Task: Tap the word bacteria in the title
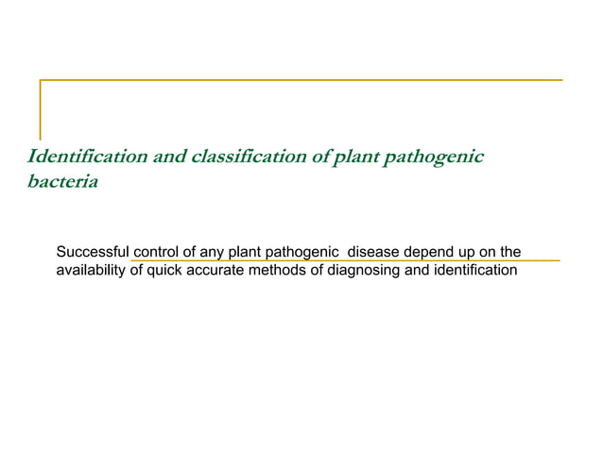click(x=62, y=181)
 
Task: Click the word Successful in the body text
click(x=94, y=252)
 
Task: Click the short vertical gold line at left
click(x=40, y=109)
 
